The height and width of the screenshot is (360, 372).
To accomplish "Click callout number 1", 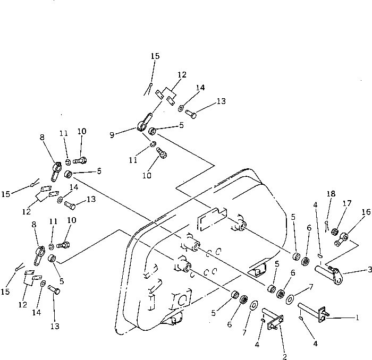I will click(358, 318).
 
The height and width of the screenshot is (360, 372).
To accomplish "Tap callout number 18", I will click(332, 194).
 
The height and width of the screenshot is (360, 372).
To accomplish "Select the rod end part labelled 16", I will click(342, 238).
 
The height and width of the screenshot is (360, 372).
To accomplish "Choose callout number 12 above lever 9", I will click(182, 75).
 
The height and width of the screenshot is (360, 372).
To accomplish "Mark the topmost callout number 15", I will click(154, 56).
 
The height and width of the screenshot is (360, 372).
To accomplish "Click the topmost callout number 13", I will click(206, 101).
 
